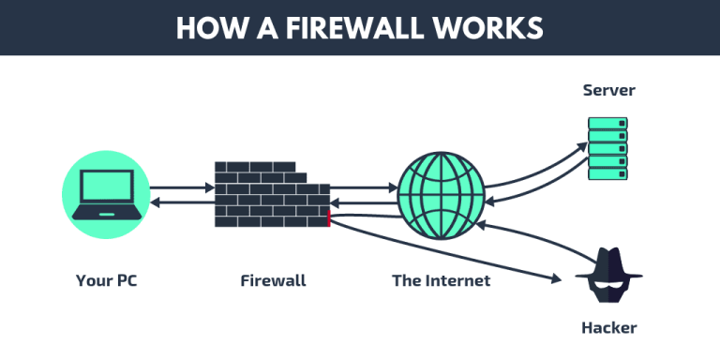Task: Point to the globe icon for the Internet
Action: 442,195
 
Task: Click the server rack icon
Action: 607,148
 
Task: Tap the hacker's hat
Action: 607,263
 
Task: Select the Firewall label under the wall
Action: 273,280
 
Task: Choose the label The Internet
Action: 441,280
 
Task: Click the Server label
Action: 608,91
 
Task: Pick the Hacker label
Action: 608,328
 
